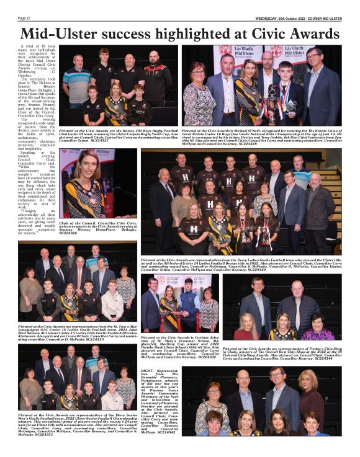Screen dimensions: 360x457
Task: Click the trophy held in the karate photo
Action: pos(271,100)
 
